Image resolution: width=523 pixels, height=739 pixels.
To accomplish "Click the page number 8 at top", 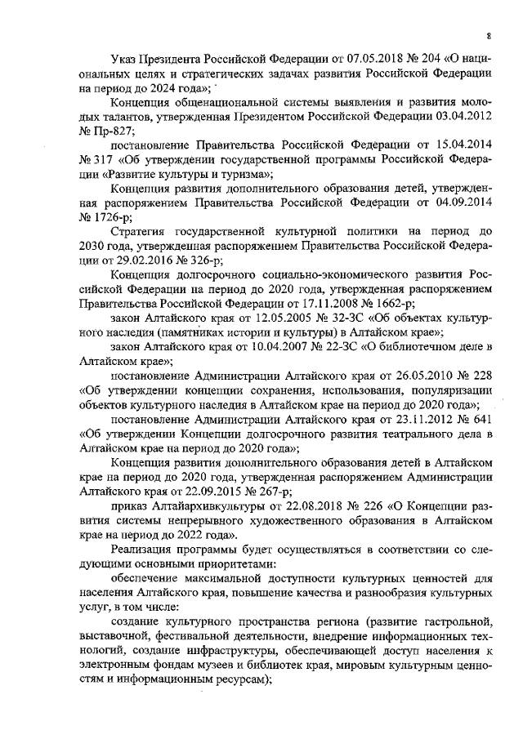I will (488, 35).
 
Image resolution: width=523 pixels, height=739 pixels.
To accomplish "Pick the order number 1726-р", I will (107, 218).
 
